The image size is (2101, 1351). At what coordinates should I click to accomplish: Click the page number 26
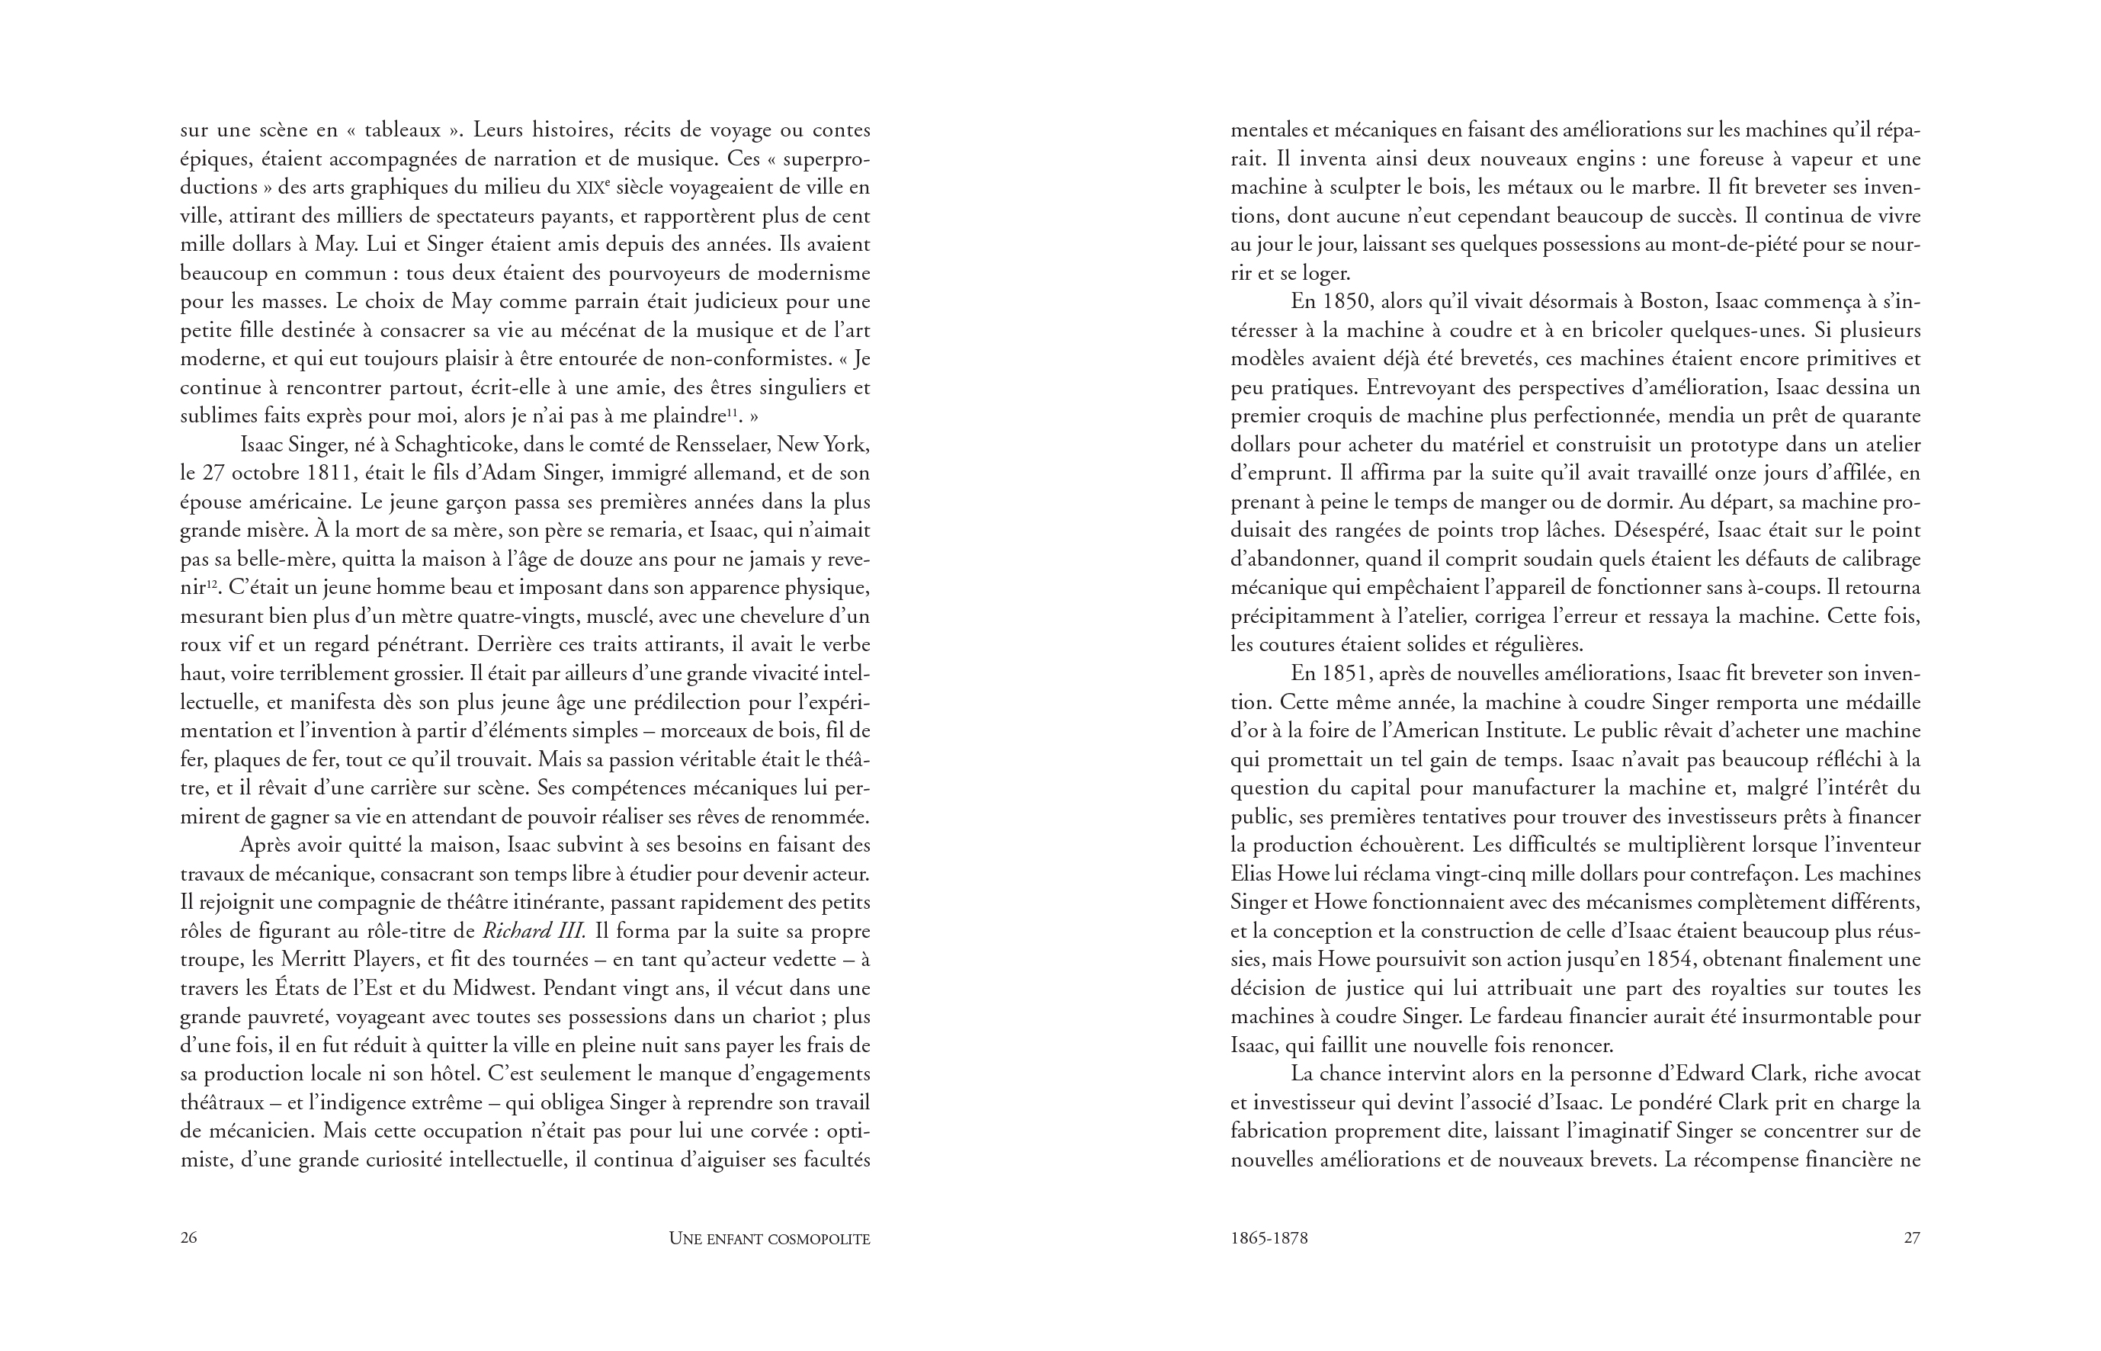pos(188,1238)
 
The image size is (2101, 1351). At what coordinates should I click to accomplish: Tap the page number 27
pos(1911,1238)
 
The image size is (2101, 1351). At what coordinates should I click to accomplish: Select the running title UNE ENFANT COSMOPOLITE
pos(768,1239)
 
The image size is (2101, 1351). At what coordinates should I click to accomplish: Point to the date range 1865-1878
pos(1269,1238)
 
